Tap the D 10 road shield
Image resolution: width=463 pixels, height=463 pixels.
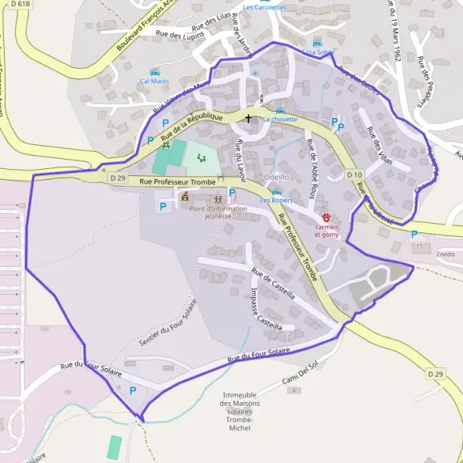354,175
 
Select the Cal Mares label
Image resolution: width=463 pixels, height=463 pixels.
154,80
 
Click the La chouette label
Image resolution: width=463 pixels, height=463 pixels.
279,120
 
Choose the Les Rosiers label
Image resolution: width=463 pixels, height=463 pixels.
276,201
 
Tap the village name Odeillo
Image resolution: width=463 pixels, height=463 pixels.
276,177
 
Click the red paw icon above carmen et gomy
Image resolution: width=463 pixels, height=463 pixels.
326,218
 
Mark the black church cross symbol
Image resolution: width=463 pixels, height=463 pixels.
248,118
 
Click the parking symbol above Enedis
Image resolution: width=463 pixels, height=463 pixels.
414,235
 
